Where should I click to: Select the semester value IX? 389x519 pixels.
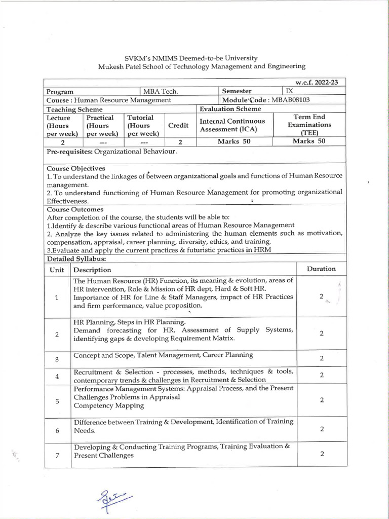[x=290, y=91]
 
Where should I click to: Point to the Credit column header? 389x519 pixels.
[x=178, y=125]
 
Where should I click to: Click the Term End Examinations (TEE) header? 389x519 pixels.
[x=309, y=125]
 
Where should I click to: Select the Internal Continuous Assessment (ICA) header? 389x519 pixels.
[x=232, y=125]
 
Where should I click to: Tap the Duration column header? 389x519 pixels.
[x=321, y=269]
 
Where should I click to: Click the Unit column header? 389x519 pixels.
[x=57, y=270]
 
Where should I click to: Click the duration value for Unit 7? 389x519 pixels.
[x=322, y=454]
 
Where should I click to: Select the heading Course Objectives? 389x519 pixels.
[x=76, y=168]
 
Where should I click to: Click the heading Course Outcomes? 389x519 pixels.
[x=75, y=209]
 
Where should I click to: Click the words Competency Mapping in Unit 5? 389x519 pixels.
[x=108, y=405]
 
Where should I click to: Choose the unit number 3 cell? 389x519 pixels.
[x=57, y=359]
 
